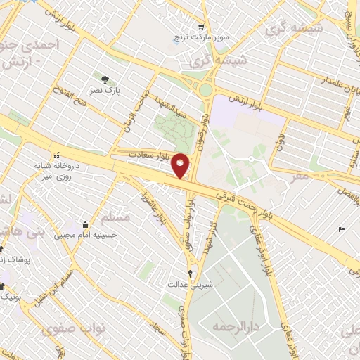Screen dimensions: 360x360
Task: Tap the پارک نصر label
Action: coord(109,91)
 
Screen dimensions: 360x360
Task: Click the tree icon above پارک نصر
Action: coord(105,79)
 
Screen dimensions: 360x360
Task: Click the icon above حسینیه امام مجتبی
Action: coord(85,224)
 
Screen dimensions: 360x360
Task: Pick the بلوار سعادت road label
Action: coord(148,153)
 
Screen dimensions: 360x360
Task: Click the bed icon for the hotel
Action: coord(342,230)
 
